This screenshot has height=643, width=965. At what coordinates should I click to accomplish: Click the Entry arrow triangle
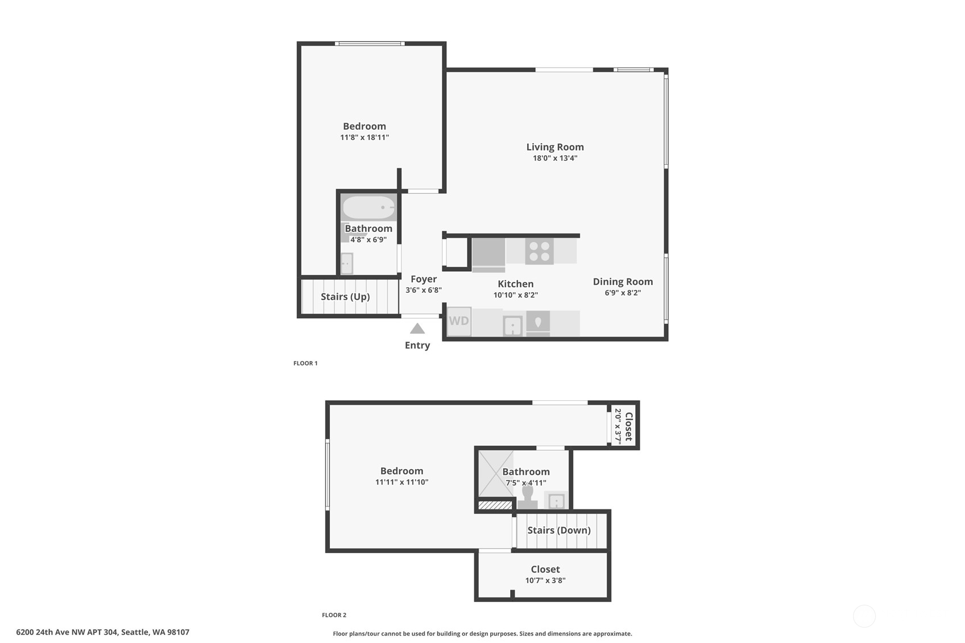[x=417, y=329]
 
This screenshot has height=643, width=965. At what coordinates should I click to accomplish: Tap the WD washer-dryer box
[x=459, y=321]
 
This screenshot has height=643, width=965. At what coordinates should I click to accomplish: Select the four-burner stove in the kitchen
[x=539, y=251]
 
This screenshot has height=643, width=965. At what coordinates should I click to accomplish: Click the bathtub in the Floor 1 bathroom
[x=368, y=208]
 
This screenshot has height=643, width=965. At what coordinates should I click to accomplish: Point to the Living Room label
[x=554, y=147]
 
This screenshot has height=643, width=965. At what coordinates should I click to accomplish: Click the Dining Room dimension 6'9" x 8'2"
[x=623, y=293]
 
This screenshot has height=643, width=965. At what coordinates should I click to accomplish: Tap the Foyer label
[x=424, y=279]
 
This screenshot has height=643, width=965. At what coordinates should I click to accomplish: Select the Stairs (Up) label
[x=345, y=297]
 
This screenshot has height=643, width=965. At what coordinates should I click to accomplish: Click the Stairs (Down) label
[x=558, y=530]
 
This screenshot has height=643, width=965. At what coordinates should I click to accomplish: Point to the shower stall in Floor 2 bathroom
[x=495, y=473]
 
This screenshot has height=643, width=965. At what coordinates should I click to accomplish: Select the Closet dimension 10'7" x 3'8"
[x=545, y=580]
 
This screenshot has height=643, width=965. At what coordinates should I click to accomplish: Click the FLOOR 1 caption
[x=305, y=363]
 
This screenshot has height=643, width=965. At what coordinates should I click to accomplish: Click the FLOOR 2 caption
[x=334, y=615]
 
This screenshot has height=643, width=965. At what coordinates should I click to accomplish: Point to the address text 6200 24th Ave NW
[x=102, y=632]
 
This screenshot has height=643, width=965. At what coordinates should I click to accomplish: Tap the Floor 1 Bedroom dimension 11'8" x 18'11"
[x=365, y=138]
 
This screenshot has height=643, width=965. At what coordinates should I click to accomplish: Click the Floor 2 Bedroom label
[x=401, y=471]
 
